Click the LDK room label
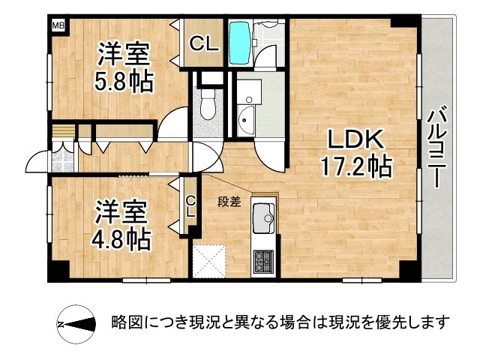point(355,139)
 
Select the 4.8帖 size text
point(122,240)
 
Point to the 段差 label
point(229,200)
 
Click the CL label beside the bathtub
point(203,43)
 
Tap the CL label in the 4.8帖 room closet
point(190,205)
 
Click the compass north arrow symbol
point(76,323)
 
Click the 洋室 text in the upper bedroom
point(125,53)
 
